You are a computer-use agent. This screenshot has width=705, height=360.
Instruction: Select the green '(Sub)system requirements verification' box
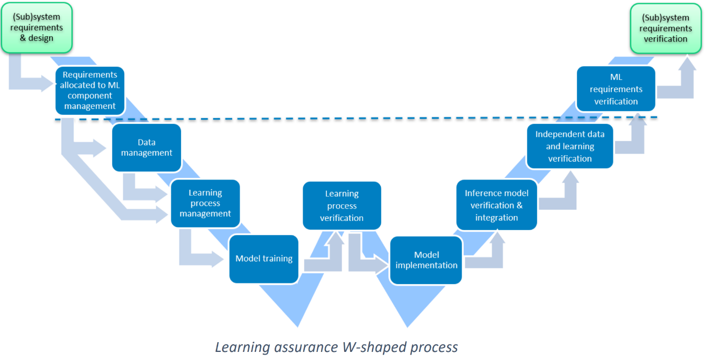coord(666,29)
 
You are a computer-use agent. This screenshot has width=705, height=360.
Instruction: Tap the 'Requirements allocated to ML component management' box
coord(90,91)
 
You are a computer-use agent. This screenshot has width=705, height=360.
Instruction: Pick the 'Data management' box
coord(146,148)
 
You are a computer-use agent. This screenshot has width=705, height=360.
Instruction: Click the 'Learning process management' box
coord(205,203)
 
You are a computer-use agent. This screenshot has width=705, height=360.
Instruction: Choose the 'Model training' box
coord(264,259)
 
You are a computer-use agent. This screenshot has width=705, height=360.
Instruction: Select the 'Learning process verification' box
coord(342,205)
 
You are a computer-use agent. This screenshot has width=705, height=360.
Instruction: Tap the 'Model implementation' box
coord(426,260)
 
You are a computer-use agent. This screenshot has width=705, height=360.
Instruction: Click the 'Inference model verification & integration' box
coord(497,205)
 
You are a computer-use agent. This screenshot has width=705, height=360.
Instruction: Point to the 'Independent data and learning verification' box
coord(570,146)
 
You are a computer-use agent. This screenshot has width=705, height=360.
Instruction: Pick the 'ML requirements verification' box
coord(616,89)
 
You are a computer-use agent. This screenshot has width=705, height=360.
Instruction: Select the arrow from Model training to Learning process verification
coord(323,262)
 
